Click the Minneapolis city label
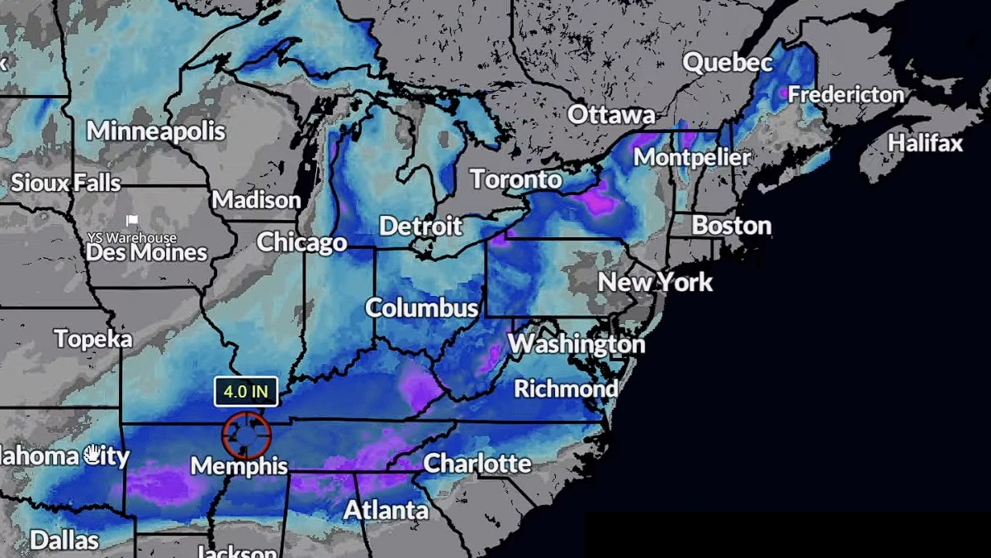[x=156, y=131]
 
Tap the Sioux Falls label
[x=66, y=183]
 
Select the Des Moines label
[x=146, y=252]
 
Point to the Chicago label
[x=301, y=242]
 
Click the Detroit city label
[x=420, y=226]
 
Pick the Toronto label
[x=516, y=179]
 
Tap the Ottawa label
[x=611, y=114]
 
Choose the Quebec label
[x=728, y=63]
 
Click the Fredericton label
[x=846, y=95]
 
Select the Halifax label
[x=925, y=143]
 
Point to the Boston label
[x=731, y=225]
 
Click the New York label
[x=655, y=282]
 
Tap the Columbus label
[x=422, y=308]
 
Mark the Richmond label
[x=566, y=388]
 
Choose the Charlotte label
[x=477, y=463]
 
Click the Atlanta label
[x=386, y=511]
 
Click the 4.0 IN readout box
[x=246, y=392]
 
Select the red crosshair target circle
[x=246, y=435]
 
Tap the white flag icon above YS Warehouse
[x=131, y=221]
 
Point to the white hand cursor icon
[x=93, y=453]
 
